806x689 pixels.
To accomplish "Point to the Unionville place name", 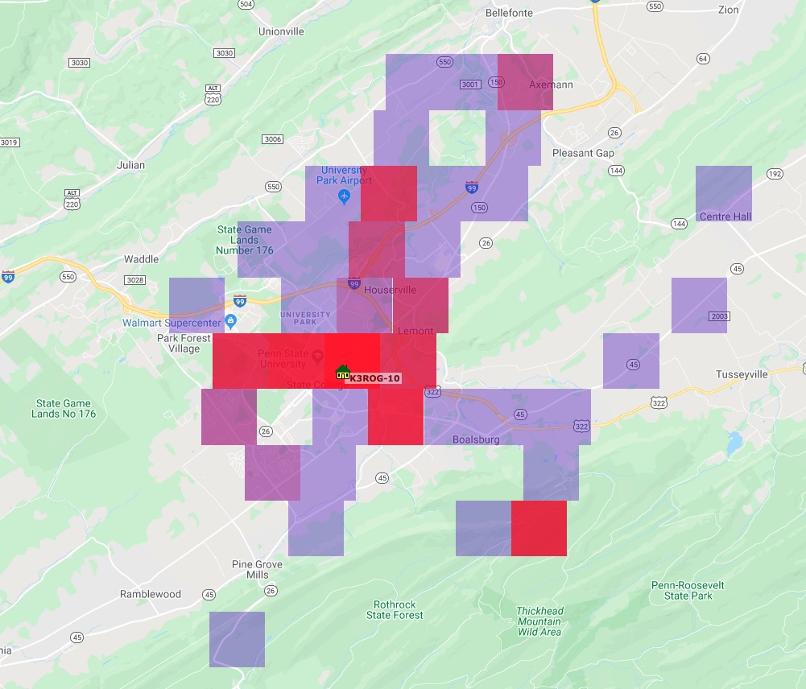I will pyautogui.click(x=281, y=31).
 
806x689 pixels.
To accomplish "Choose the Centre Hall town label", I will pyautogui.click(x=725, y=217).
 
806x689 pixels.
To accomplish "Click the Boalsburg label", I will pyautogui.click(x=476, y=439).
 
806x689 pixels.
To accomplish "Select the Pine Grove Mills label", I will pyautogui.click(x=257, y=570).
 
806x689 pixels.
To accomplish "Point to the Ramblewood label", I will pyautogui.click(x=151, y=594).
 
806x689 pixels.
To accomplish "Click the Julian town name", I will pyautogui.click(x=130, y=165).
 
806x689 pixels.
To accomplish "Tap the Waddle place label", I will pyautogui.click(x=141, y=259).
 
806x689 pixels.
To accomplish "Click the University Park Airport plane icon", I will pyautogui.click(x=345, y=196).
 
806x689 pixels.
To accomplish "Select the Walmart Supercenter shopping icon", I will pyautogui.click(x=231, y=322).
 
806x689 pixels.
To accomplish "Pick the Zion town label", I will pyautogui.click(x=728, y=10).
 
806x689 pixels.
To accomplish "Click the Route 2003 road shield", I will pyautogui.click(x=720, y=316).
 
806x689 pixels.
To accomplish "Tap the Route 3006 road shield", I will pyautogui.click(x=273, y=139).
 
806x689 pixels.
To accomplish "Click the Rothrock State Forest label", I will pyautogui.click(x=395, y=609).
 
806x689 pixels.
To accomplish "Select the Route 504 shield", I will pyautogui.click(x=246, y=4).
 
